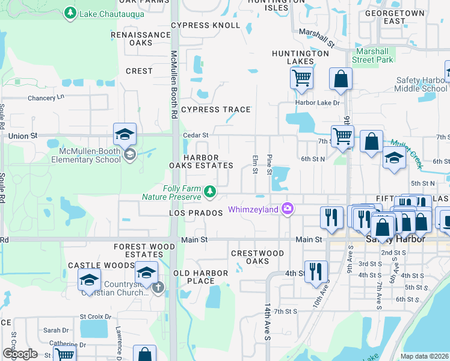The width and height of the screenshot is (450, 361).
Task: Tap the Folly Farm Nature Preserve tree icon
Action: pyautogui.click(x=209, y=192)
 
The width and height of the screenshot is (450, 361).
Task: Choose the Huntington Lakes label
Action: pyautogui.click(x=301, y=57)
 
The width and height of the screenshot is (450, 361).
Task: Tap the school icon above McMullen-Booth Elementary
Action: pyautogui.click(x=125, y=134)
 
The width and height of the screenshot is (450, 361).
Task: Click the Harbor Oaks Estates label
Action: pyautogui.click(x=209, y=161)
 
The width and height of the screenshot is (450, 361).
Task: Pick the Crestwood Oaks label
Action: pyautogui.click(x=258, y=257)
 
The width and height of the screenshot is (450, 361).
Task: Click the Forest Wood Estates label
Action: pyautogui.click(x=145, y=250)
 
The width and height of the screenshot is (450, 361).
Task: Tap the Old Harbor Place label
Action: pyautogui.click(x=201, y=277)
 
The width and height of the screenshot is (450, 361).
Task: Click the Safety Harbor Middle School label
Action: pyautogui.click(x=422, y=84)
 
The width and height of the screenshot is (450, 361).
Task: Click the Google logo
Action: pyautogui.click(x=20, y=354)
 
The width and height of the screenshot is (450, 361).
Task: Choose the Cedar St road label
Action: pyautogui.click(x=196, y=135)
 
